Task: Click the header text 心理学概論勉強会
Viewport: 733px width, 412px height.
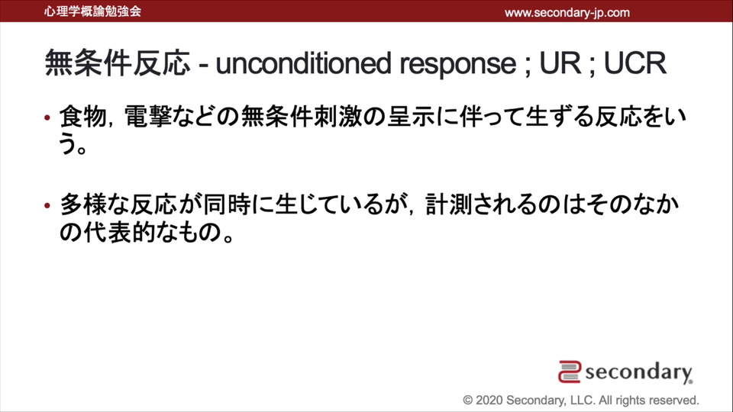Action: coord(92,11)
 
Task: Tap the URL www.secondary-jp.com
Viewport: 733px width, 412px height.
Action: coord(567,13)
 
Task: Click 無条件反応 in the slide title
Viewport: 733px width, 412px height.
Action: coord(118,63)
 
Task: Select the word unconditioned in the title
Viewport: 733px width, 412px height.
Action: coord(303,63)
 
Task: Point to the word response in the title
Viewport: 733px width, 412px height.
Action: coord(457,64)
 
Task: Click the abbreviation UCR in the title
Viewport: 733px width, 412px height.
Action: coord(635,63)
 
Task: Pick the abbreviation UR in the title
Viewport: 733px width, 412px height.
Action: coord(560,63)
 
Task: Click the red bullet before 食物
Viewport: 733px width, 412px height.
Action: coord(47,117)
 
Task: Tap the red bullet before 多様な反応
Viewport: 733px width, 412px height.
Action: coord(47,205)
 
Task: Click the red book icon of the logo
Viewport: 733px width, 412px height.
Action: coord(570,372)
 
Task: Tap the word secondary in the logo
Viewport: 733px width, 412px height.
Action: coord(638,372)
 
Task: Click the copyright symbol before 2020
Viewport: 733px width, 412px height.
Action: coord(468,401)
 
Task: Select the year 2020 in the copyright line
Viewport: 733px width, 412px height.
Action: coord(489,401)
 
